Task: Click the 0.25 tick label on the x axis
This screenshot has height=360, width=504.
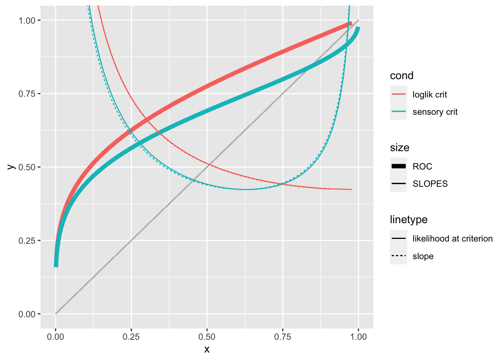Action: coord(131,337)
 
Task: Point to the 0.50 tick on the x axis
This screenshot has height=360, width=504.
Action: coord(207,337)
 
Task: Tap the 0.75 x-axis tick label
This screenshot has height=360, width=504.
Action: coord(283,337)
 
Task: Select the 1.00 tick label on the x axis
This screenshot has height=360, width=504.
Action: coord(358,337)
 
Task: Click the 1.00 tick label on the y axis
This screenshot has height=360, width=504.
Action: coord(27,20)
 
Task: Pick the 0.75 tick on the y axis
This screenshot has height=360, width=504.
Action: coord(27,94)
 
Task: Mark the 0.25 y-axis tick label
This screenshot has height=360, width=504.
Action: coord(27,240)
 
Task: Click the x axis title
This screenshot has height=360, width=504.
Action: coord(207,349)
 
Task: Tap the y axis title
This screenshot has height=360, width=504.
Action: coord(11,167)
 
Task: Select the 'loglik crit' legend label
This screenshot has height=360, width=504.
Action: coord(430,94)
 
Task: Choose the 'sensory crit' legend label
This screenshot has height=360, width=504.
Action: coord(435,112)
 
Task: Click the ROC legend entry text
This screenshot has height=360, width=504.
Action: coord(422,166)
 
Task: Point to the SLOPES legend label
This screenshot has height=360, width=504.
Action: coord(430,184)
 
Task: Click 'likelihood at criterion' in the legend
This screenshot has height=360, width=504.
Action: coord(453,238)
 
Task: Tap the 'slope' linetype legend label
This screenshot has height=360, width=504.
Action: coord(423,256)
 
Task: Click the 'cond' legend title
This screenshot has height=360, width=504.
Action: coord(402,76)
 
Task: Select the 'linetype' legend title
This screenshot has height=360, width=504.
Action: coord(409,219)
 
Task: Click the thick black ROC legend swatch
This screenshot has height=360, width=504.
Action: coord(399,166)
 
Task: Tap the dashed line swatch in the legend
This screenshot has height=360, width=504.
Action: coord(399,256)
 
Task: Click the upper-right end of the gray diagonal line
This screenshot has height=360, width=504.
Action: coord(358,21)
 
